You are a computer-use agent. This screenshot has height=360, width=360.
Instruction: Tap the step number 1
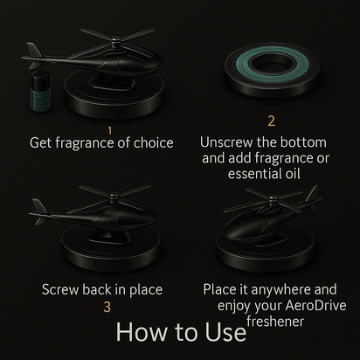tap(110, 129)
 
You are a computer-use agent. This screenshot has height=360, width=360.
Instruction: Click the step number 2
tap(271, 121)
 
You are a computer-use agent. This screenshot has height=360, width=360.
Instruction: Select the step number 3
tap(107, 307)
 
